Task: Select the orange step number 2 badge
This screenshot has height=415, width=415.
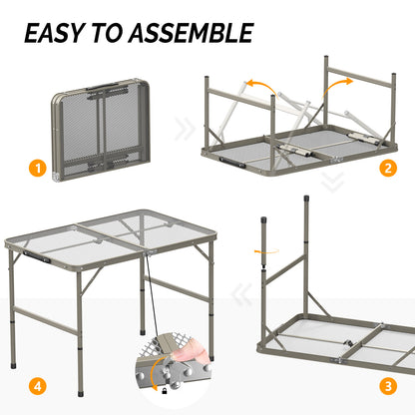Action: [x=387, y=168]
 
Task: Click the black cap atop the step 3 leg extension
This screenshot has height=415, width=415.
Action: [x=265, y=216]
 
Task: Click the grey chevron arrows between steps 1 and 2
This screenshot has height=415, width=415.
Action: [x=185, y=129]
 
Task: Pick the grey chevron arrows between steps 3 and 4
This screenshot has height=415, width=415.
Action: [x=238, y=295]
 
